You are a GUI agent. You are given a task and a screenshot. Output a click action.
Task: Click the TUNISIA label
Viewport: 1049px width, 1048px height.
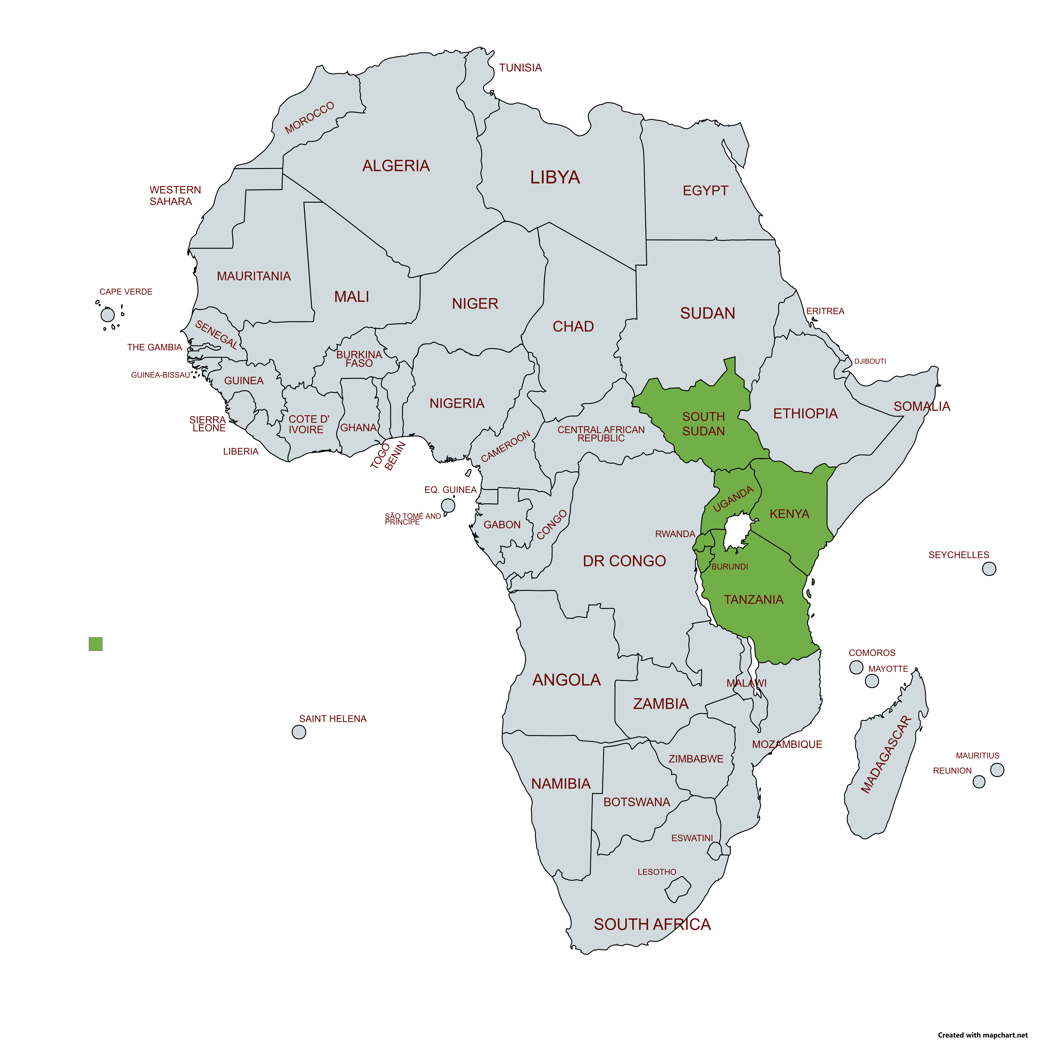(520, 68)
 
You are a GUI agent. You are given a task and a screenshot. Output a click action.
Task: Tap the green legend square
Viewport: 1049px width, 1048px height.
(96, 644)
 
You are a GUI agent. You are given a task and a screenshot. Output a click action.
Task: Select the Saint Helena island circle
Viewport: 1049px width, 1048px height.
(299, 732)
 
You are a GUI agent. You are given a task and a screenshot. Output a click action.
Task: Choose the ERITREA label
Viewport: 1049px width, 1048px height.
(825, 311)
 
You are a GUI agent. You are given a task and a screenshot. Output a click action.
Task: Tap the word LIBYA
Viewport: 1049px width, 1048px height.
(555, 177)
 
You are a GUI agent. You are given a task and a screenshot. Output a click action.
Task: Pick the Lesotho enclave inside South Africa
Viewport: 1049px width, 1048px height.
(678, 889)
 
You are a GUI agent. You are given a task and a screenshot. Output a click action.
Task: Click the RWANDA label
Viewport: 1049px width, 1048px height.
(675, 534)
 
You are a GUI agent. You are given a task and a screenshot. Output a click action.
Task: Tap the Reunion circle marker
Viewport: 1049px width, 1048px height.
(978, 781)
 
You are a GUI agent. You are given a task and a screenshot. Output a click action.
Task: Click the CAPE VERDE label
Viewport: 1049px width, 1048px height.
(126, 292)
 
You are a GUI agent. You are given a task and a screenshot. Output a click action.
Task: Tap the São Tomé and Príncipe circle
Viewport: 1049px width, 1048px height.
(448, 506)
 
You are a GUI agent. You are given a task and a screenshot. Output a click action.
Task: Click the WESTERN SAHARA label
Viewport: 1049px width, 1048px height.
(175, 195)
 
